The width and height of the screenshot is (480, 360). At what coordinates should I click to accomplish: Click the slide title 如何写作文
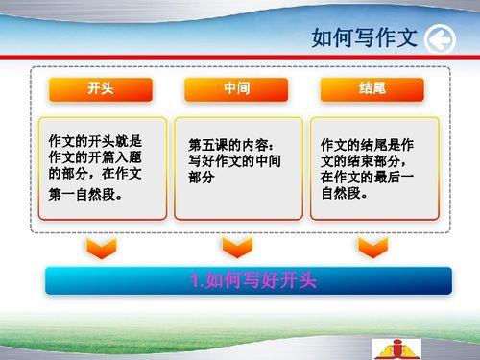[x=364, y=38]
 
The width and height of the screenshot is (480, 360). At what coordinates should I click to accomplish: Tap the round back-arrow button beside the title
[x=439, y=39]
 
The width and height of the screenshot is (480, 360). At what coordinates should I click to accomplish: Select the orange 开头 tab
[x=100, y=88]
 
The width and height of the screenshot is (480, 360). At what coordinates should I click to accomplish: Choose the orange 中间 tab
[x=236, y=88]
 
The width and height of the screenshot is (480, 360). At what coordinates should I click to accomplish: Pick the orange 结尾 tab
[x=372, y=88]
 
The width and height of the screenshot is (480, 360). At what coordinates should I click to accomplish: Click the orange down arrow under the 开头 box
[x=101, y=248]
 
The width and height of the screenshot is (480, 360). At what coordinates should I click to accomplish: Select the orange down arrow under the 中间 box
[x=236, y=248]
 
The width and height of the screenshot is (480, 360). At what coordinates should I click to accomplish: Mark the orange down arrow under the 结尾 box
[x=372, y=248]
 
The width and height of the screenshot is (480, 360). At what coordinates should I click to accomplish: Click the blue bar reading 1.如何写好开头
[x=249, y=280]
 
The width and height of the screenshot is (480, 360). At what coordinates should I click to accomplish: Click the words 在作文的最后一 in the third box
[x=368, y=177]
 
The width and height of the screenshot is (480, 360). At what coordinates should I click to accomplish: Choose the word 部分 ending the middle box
[x=202, y=178]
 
